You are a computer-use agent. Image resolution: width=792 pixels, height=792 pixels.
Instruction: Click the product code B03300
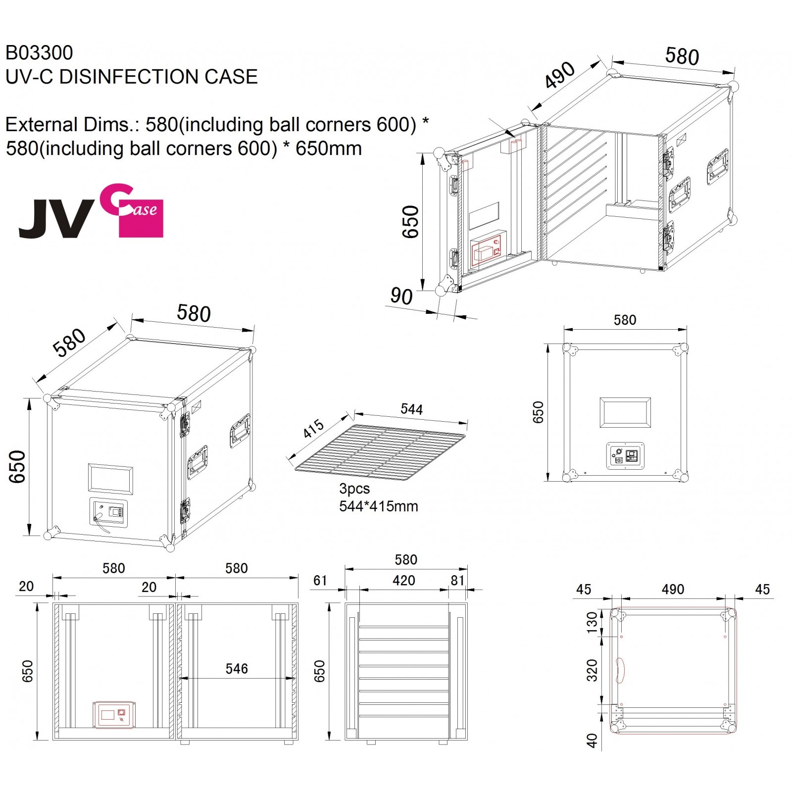39,52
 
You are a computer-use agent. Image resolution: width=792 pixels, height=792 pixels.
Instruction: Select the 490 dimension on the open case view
560,75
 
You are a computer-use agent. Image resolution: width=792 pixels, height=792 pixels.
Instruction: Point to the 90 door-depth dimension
401,296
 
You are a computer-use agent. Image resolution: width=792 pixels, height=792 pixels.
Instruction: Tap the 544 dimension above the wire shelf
411,409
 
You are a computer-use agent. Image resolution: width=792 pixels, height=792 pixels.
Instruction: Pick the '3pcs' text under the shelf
354,489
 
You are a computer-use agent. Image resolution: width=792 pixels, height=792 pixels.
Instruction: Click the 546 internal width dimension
237,669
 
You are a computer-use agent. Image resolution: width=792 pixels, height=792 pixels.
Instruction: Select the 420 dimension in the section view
403,580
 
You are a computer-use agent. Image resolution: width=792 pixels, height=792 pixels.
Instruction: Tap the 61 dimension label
320,580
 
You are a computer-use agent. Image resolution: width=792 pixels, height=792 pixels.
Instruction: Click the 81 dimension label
457,580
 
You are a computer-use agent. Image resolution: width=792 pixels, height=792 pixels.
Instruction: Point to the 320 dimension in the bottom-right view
592,670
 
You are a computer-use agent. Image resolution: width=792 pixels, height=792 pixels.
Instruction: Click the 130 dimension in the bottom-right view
592,622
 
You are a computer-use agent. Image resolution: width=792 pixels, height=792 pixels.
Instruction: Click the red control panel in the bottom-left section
114,715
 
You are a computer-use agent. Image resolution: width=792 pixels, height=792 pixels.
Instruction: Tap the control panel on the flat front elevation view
626,455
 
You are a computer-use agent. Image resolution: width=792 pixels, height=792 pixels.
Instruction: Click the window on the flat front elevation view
625,412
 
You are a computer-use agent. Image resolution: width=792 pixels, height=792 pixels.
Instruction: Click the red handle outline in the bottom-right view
620,671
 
